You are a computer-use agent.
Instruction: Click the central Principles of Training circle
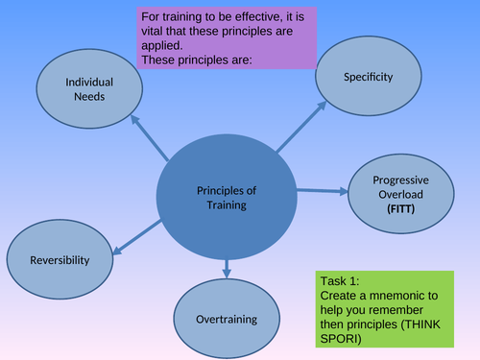(x=227, y=197)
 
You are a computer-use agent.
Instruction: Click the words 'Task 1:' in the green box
(x=341, y=280)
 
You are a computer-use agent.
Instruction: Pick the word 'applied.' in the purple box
(x=162, y=44)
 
